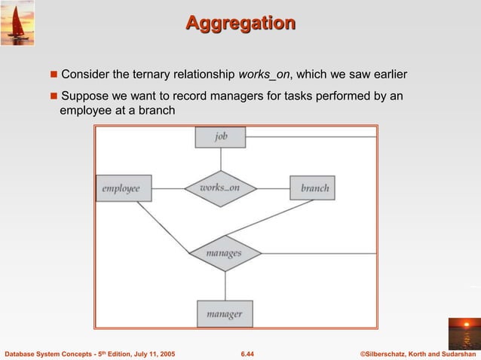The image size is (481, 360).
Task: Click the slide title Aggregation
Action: tap(240, 23)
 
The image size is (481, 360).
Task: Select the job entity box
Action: tap(220, 136)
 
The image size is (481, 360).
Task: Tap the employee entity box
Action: tap(124, 188)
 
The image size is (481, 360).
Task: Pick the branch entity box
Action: tap(313, 188)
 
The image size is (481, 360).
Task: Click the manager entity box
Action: tap(225, 313)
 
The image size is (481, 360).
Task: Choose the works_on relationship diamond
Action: tap(221, 188)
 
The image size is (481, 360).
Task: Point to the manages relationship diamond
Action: tap(225, 253)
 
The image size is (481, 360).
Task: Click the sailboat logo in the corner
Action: tap(17, 23)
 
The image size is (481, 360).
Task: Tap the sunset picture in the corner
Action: tap(463, 333)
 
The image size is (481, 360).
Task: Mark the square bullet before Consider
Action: tap(54, 75)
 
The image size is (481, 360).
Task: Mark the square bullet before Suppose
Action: tap(54, 96)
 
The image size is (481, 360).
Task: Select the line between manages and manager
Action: tap(225, 285)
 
